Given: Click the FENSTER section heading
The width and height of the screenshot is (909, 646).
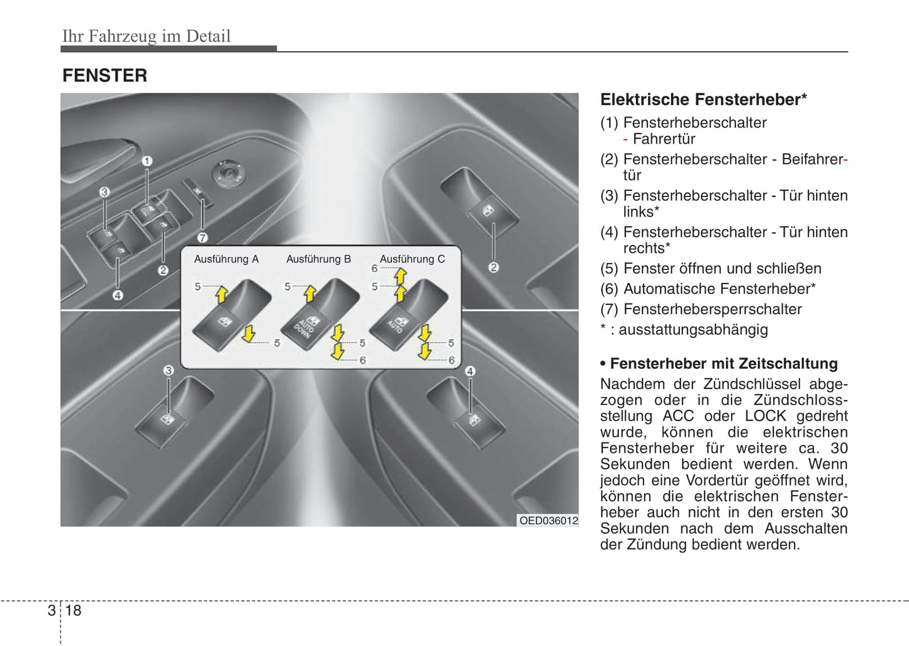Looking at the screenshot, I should [104, 76].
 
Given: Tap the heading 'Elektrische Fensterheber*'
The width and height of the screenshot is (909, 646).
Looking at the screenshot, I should [703, 99].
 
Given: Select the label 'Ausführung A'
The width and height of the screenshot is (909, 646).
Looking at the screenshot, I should [226, 259].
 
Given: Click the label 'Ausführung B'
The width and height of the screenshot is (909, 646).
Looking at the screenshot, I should [318, 259].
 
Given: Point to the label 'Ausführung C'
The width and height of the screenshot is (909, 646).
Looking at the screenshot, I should [412, 259].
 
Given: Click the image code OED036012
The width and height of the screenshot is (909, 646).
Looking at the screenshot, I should [548, 521].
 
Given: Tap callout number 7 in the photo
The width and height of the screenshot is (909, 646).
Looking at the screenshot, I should [203, 238].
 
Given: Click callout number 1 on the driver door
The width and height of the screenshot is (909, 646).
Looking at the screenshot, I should [147, 161].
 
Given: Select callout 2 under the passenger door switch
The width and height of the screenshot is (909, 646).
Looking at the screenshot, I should [494, 268].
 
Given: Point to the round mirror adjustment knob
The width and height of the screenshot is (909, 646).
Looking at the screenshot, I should [227, 173].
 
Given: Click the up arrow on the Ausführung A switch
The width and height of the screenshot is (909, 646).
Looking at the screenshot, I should [221, 294].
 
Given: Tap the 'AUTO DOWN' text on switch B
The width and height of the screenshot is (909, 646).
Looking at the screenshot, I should [304, 328].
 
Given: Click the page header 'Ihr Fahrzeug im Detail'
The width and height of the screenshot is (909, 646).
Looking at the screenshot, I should [146, 36].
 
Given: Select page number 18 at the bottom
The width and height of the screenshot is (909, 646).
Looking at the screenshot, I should [73, 610].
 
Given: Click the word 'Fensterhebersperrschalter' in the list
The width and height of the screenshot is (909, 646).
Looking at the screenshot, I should [712, 309].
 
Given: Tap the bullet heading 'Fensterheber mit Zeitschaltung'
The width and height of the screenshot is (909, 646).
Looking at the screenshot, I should [723, 364].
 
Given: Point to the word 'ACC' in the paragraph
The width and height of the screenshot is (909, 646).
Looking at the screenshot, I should [678, 416].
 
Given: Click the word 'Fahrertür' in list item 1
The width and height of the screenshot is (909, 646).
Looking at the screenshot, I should [664, 139].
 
